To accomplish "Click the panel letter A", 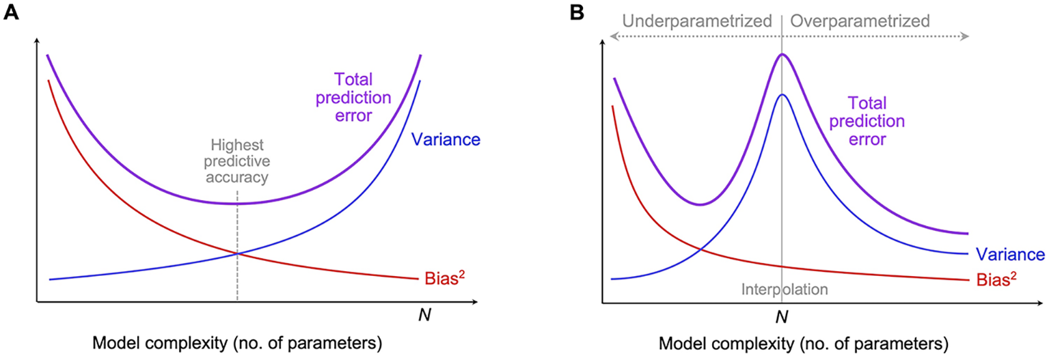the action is click(11, 12).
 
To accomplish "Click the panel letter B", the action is click(577, 12).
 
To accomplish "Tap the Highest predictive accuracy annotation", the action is click(237, 161).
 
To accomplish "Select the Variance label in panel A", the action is click(446, 139).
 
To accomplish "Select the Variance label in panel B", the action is click(1010, 254).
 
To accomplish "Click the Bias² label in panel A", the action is click(445, 278).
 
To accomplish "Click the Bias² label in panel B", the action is click(996, 279).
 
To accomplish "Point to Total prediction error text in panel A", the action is click(353, 98).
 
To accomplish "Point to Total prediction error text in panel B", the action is click(867, 121).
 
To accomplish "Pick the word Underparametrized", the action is click(697, 21).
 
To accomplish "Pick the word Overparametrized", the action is click(860, 21).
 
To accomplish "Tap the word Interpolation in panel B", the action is click(785, 290).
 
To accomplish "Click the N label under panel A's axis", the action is click(424, 315).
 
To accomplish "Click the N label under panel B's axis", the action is click(782, 318).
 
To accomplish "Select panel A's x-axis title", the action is click(237, 343).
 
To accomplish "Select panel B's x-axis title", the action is click(804, 344).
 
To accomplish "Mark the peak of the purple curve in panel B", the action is click(782, 54).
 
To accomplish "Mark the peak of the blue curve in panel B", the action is click(782, 94).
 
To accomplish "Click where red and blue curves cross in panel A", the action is click(237, 253).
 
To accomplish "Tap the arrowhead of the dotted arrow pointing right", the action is click(965, 36).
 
